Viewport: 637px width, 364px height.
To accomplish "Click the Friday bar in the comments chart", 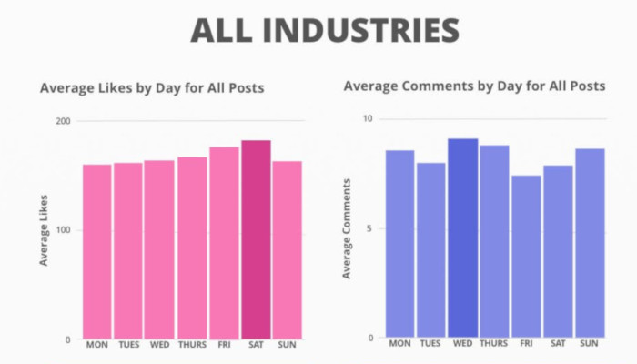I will click(x=526, y=256).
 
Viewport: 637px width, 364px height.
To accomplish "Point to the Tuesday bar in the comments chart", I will click(x=430, y=250).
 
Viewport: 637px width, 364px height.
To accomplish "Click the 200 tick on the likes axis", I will click(x=63, y=121).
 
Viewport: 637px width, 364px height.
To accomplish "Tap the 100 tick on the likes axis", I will click(x=63, y=230).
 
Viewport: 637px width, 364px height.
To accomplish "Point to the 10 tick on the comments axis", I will click(x=368, y=118).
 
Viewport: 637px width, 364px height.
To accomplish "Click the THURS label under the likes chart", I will click(x=192, y=345).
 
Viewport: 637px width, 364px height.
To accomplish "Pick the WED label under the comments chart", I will click(x=462, y=343).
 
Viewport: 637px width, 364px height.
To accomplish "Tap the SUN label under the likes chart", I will click(x=288, y=345).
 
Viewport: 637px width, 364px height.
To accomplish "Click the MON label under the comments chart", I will click(x=399, y=343).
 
